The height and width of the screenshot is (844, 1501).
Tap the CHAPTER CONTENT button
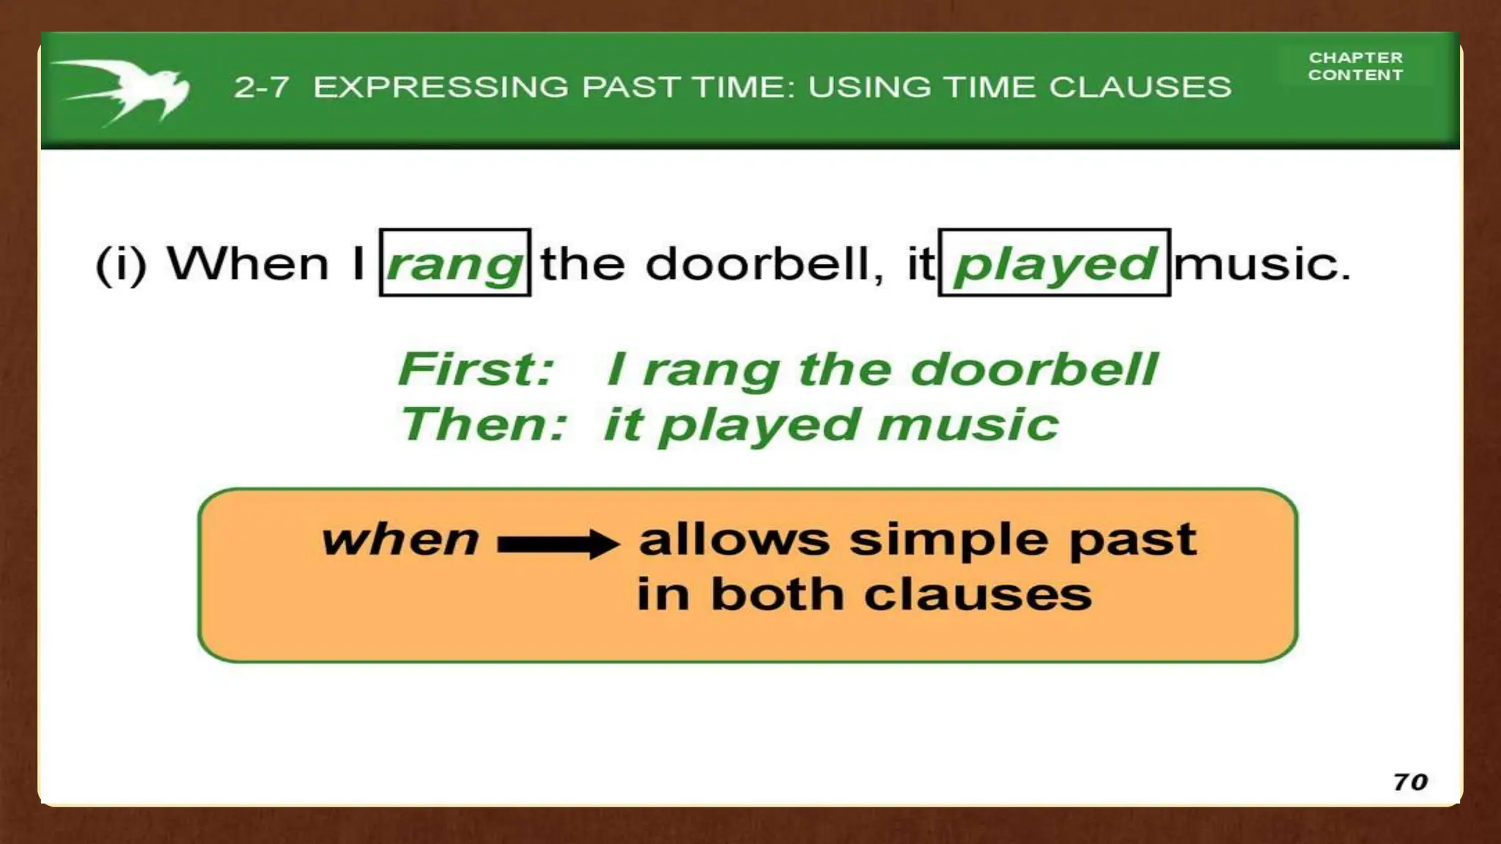point(1355,66)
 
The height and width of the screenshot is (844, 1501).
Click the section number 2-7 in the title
point(261,87)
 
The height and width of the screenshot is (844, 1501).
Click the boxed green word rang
point(454,263)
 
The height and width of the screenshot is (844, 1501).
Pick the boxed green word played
point(1054,263)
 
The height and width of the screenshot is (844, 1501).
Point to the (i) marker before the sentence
point(121,264)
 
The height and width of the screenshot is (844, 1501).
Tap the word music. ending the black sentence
point(1261,263)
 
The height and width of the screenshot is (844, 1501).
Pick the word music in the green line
point(967,424)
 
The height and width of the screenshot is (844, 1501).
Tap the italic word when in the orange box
point(400,540)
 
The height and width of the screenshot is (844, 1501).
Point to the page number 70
point(1410,782)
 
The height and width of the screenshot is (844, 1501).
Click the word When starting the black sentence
point(248,263)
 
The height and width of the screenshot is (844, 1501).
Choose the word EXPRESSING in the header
point(440,87)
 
